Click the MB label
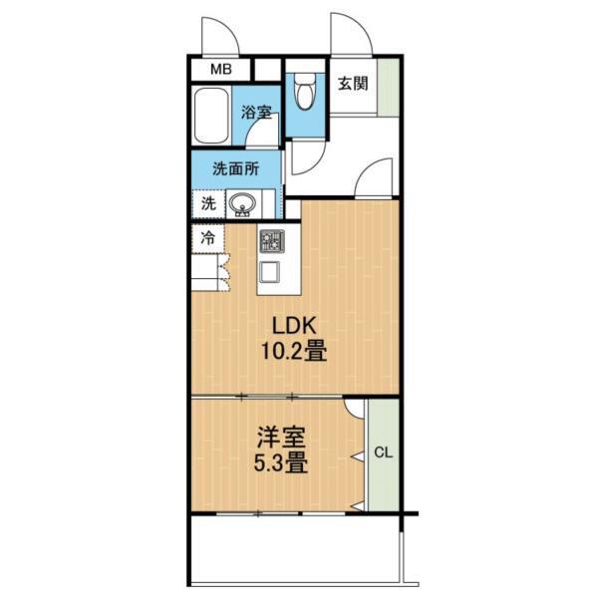[220, 70]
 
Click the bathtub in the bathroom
[211, 118]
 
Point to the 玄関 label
[350, 83]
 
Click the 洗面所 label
[235, 168]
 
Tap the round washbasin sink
[242, 204]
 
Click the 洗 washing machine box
[207, 203]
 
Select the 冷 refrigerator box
[207, 238]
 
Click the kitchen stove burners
[272, 241]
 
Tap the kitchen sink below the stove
[271, 270]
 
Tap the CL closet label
[383, 452]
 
